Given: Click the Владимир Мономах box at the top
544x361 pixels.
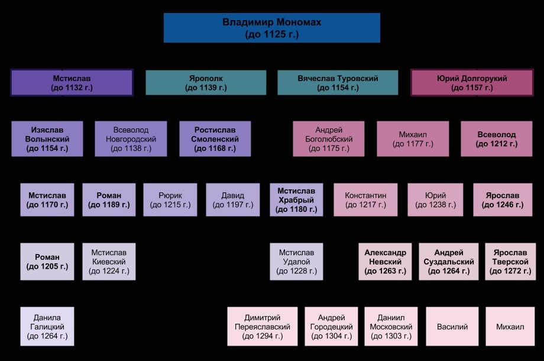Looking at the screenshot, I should coord(272,28).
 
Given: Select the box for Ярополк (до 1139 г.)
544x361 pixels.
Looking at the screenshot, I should coord(205,83).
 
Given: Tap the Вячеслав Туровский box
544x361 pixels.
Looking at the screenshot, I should coord(338,83).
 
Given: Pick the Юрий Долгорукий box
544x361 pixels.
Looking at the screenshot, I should coord(471,83).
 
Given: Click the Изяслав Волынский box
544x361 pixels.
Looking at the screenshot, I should coord(47,139).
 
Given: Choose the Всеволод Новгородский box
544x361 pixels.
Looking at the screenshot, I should coord(131,139).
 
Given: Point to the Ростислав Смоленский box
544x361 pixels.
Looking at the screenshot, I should coord(215,139).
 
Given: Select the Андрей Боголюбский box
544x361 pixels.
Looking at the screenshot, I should coord(329,139).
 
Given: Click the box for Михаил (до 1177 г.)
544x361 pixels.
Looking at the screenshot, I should coord(413,139).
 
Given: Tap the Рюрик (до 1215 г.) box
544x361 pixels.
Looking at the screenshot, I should coord(170,200).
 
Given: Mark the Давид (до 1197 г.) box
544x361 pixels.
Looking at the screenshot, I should coord(233,200).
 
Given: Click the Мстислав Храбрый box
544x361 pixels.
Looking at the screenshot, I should coord(297,200).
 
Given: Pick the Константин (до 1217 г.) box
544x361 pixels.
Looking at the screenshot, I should coord(365,200).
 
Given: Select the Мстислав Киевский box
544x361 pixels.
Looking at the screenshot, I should coord(109,261).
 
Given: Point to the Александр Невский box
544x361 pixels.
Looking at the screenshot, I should coord(385,261).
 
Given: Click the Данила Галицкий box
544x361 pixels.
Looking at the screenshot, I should coord(47,326).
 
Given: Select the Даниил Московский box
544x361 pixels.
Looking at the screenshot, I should coord(391,326).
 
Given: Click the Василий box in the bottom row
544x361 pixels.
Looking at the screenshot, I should coord(452,326).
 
